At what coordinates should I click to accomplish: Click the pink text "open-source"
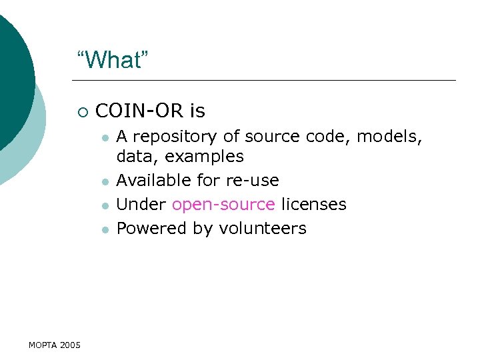click(223, 204)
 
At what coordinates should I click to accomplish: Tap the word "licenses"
click(313, 204)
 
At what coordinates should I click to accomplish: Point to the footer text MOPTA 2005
click(55, 345)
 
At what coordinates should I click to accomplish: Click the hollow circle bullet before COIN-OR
click(82, 111)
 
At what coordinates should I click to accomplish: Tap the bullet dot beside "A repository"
click(105, 138)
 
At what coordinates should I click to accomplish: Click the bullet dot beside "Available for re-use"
click(105, 181)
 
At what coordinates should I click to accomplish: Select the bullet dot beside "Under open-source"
click(105, 205)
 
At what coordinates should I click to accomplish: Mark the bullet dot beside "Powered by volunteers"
click(105, 229)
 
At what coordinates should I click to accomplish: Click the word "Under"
click(141, 204)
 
